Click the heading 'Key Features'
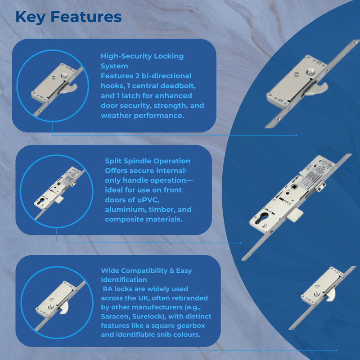[68, 17]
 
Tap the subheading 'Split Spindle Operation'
[148, 161]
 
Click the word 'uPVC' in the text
[148, 200]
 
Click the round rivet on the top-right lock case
[310, 72]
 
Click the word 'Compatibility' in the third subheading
[144, 271]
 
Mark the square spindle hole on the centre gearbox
[293, 187]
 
